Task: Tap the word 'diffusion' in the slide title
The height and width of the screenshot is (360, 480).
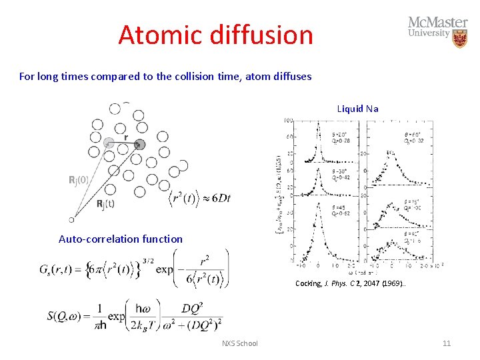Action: coord(263,35)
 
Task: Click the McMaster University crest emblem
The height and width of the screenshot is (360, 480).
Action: coord(460,38)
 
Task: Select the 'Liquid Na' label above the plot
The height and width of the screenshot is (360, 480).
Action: coord(358,109)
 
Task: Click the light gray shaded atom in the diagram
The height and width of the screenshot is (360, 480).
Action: coord(109,142)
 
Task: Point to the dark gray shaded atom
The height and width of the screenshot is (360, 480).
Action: coord(140,144)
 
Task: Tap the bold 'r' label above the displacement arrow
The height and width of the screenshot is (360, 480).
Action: coord(126,137)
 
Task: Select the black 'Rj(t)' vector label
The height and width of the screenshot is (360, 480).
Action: coord(105,204)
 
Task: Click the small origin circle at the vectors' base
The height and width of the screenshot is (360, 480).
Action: coord(71,219)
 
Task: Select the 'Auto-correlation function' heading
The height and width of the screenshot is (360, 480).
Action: coord(121,239)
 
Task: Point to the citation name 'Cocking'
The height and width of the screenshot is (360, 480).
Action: coord(309,283)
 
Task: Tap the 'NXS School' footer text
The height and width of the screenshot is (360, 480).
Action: coord(239,343)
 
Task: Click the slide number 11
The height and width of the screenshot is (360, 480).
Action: coord(447,343)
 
